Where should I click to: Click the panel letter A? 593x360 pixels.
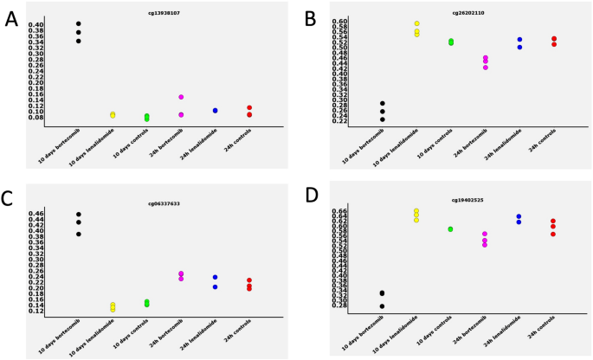[11, 19]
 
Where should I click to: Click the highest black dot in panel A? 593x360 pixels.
[78, 23]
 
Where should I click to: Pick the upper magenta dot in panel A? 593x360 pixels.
[181, 97]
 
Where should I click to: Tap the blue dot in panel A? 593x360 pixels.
[215, 111]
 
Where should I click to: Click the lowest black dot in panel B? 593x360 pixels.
[382, 119]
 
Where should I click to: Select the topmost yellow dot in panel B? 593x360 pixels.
[416, 23]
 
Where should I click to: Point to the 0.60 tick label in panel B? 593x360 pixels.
[340, 20]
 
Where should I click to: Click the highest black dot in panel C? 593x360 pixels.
[78, 214]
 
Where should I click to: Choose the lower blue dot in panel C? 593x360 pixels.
[215, 286]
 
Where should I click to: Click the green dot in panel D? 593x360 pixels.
[450, 229]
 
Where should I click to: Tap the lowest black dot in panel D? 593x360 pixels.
[382, 306]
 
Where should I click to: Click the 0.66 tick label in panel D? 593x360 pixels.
[340, 211]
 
